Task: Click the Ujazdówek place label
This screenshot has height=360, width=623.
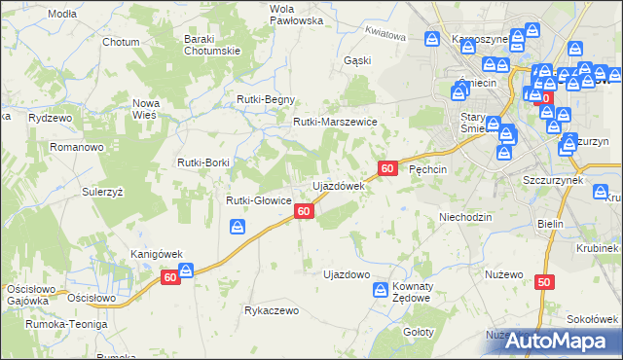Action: (337, 185)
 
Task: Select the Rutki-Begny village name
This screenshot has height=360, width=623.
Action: (266, 99)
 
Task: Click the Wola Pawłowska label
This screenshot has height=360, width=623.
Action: (269, 14)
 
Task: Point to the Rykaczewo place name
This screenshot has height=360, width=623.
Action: (272, 311)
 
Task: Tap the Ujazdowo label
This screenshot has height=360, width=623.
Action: (346, 274)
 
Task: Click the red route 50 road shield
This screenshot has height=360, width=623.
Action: (543, 282)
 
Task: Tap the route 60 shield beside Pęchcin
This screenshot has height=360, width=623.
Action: (387, 168)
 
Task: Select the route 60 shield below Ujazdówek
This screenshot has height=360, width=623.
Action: (304, 211)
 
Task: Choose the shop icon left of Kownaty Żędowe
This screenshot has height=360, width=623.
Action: (382, 289)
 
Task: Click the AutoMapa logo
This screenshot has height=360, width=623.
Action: (549, 342)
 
